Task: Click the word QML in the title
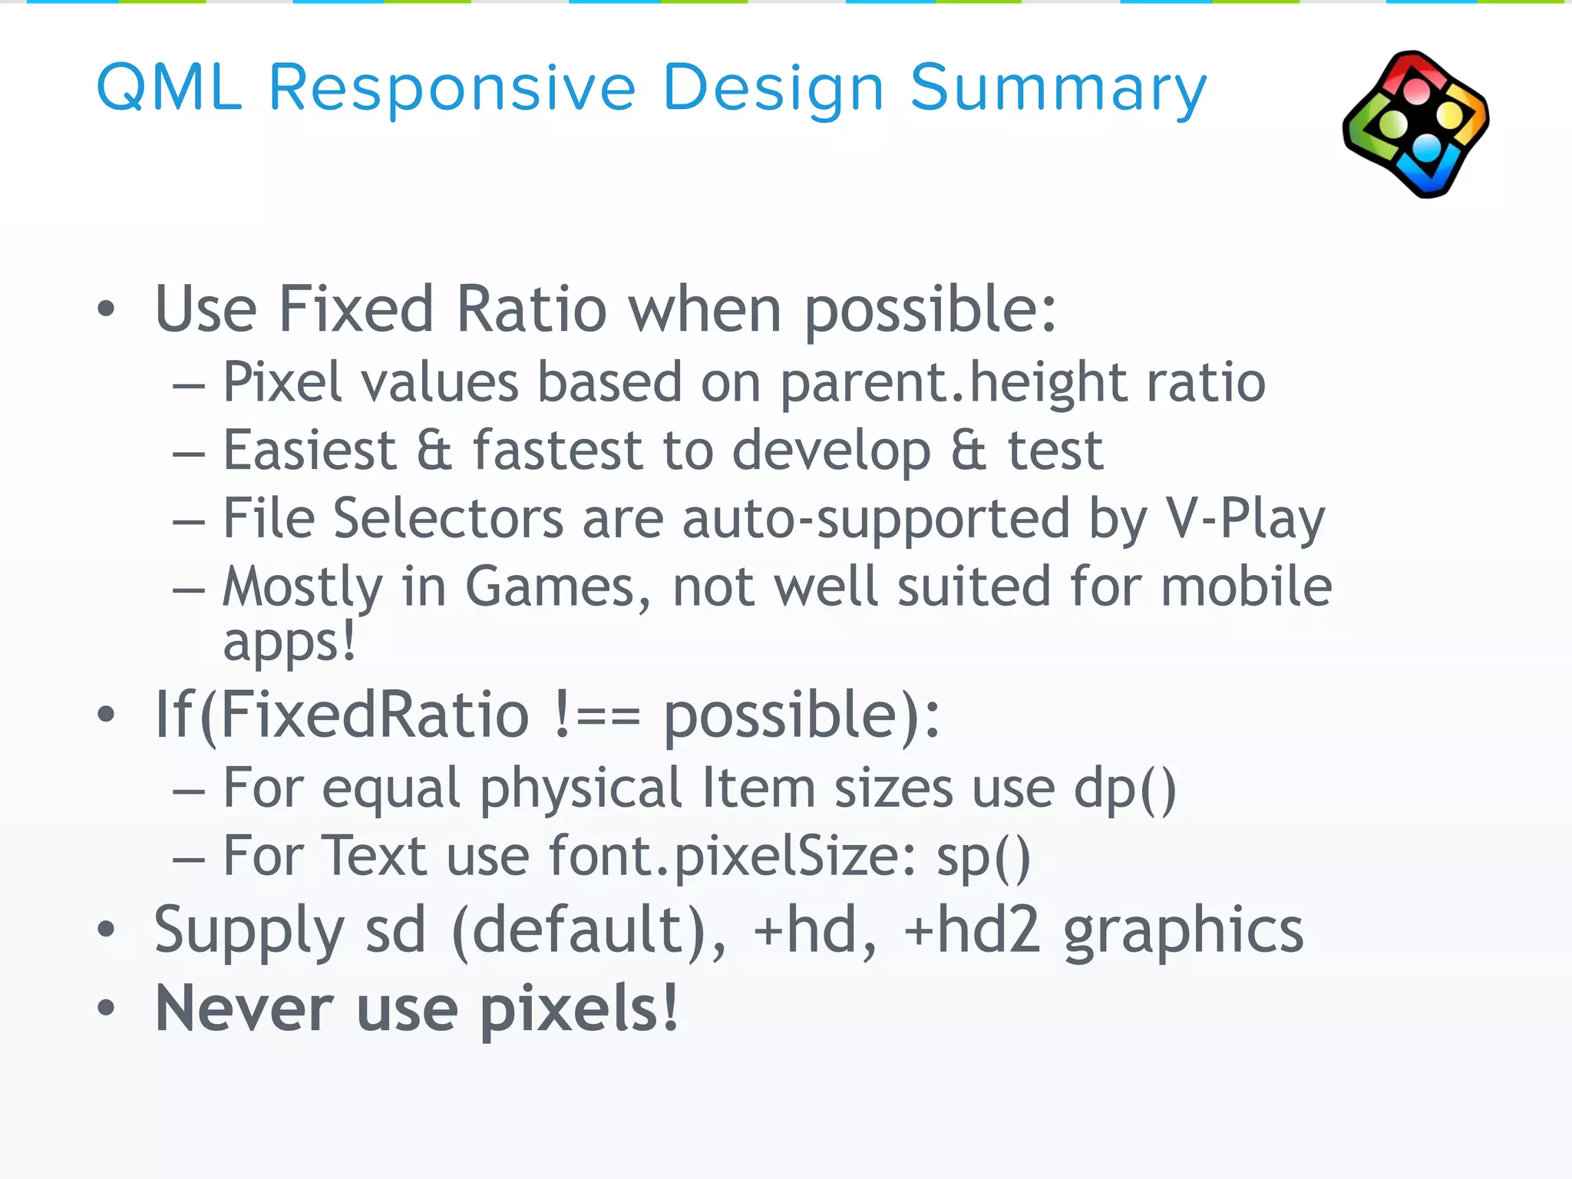(x=169, y=88)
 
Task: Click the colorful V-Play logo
(x=1416, y=124)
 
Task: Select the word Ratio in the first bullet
(x=531, y=309)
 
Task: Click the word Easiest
(x=309, y=451)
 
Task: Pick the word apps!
(x=289, y=643)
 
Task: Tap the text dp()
(x=1125, y=790)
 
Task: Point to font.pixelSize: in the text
(x=732, y=857)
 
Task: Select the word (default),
(x=589, y=931)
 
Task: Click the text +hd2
(x=972, y=930)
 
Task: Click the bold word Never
(x=245, y=1009)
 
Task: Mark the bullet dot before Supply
(x=106, y=931)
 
